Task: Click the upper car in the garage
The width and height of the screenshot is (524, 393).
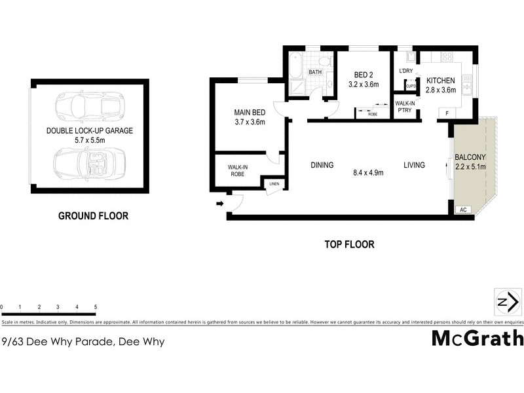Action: click(88, 105)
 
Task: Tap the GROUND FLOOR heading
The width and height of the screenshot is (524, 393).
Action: click(93, 215)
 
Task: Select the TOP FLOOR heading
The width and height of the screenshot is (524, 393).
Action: click(350, 245)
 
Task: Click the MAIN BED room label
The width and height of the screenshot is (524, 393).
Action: click(248, 112)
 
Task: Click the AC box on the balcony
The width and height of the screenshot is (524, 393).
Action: click(462, 210)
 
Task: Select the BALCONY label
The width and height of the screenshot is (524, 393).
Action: click(470, 157)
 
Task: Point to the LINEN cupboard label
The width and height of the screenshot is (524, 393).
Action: click(274, 184)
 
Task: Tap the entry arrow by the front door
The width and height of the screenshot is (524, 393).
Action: click(219, 204)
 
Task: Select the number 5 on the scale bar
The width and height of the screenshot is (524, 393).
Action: click(96, 307)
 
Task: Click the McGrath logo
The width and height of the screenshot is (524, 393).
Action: click(477, 338)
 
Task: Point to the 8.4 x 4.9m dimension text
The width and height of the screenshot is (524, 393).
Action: click(367, 173)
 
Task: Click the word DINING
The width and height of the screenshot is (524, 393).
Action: click(322, 165)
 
